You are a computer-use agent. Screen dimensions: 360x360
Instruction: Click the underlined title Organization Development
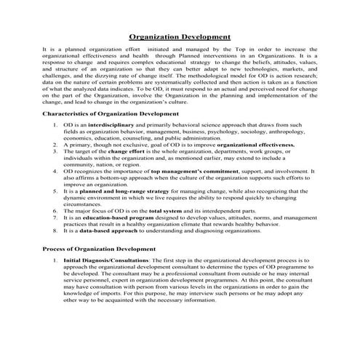click(x=180, y=35)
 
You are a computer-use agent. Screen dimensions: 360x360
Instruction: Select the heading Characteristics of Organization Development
click(x=111, y=113)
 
